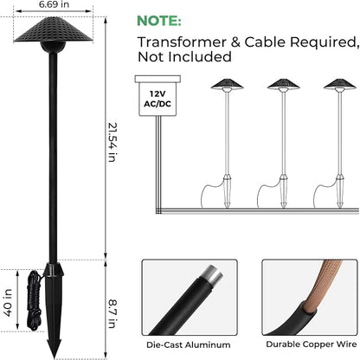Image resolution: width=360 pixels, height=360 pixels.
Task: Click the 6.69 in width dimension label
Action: tap(54, 4)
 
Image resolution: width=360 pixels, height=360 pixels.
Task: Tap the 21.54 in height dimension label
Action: tap(112, 142)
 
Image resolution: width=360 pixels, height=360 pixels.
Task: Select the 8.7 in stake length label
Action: tap(112, 314)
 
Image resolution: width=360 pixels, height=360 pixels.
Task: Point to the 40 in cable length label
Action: tap(8, 302)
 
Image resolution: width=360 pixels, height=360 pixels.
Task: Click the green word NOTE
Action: tap(159, 21)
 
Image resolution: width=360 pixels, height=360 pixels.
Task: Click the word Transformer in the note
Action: tap(182, 42)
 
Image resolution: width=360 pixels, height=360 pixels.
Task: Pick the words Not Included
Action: tap(184, 57)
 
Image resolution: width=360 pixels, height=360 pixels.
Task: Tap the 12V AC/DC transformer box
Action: tap(157, 96)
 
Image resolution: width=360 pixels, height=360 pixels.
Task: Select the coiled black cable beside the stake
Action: tap(34, 300)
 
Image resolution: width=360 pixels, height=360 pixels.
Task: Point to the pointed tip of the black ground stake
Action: tap(55, 357)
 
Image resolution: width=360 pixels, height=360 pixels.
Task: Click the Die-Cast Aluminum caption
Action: tap(189, 344)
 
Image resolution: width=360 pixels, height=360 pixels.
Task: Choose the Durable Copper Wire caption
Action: tap(312, 344)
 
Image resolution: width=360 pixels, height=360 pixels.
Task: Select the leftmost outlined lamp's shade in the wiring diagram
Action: tap(227, 84)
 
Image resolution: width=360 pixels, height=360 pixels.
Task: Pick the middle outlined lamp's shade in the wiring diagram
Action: tap(284, 84)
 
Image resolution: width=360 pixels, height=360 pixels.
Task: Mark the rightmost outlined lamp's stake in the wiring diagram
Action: tap(340, 191)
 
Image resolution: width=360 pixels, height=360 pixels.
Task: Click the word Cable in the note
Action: tap(266, 42)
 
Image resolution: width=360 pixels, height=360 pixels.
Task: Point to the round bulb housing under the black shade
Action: tap(53, 47)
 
